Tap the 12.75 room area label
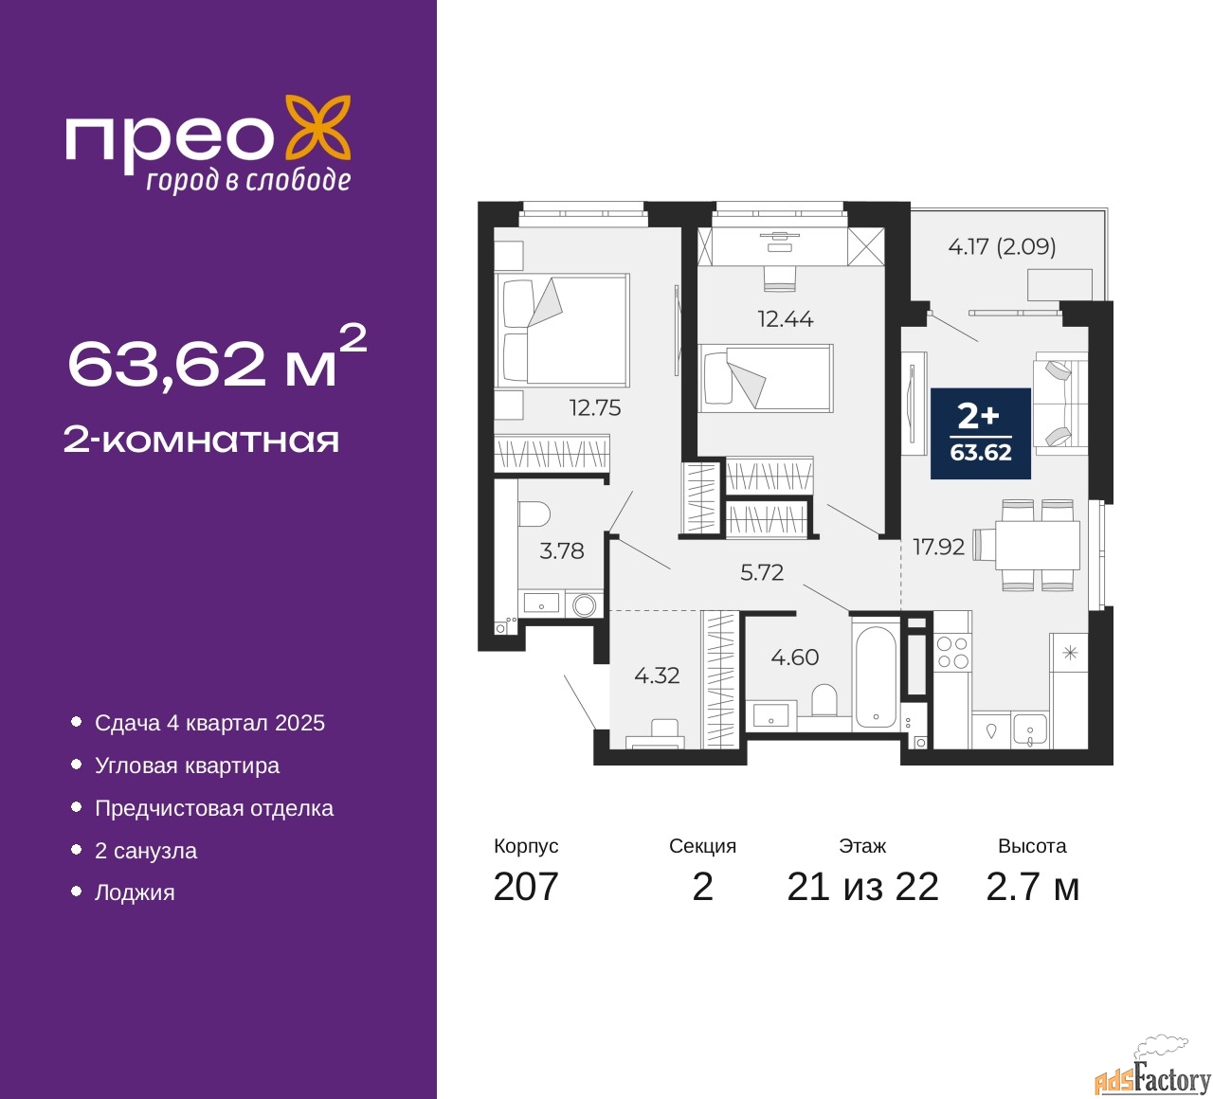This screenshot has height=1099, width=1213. point(595,408)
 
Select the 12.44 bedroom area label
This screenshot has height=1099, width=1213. point(785,318)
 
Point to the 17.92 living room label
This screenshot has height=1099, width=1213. point(938,547)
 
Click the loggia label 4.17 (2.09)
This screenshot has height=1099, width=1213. point(1002,246)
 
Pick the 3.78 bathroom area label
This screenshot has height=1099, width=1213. point(561,550)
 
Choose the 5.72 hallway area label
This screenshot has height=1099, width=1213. point(762,572)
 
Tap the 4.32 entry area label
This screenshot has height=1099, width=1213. point(657,676)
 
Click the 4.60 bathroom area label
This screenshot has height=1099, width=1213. point(794,658)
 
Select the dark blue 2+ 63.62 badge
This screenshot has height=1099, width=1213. point(980,433)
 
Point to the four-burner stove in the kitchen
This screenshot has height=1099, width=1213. point(953,652)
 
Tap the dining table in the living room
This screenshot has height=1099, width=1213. point(1037,546)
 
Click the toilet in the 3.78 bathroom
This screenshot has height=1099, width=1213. point(534,514)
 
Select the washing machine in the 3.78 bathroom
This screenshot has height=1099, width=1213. point(584,604)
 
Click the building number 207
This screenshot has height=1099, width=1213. point(525,887)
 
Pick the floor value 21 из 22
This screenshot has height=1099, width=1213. point(862,887)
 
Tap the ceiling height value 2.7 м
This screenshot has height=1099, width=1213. point(1032,887)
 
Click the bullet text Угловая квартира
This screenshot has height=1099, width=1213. point(187,766)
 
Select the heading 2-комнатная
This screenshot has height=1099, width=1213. point(201,441)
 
